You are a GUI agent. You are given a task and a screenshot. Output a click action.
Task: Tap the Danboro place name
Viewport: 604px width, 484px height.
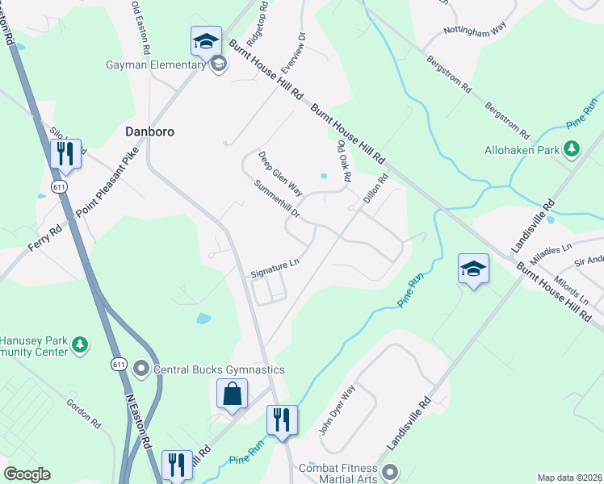(x=150, y=131)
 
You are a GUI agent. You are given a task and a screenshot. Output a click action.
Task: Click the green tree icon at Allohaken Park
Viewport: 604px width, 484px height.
(x=572, y=149)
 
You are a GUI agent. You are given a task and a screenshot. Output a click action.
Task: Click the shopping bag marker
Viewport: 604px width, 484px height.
(x=232, y=394)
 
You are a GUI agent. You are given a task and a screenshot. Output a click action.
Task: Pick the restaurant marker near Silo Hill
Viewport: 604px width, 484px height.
(x=65, y=152)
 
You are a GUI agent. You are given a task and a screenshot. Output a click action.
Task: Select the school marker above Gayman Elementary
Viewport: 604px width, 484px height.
(x=206, y=40)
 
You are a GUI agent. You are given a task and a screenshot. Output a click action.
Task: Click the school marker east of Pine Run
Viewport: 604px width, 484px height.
(x=473, y=269)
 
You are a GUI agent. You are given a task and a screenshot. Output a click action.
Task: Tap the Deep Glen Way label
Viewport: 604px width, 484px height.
(x=280, y=174)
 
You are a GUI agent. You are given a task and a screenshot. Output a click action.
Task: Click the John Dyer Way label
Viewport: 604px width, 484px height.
(x=337, y=411)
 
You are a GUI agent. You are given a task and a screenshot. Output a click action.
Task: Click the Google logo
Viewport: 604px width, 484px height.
(x=27, y=474)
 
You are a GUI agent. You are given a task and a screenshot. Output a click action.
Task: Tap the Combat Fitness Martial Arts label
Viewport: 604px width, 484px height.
(x=338, y=474)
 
